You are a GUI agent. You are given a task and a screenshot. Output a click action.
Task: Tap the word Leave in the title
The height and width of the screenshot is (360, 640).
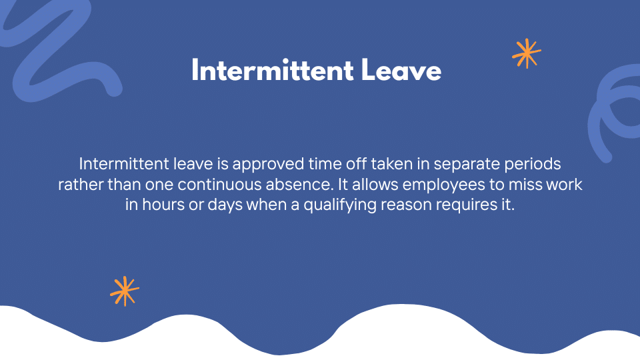[x=401, y=70]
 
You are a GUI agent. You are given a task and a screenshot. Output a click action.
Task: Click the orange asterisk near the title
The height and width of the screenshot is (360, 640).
[x=526, y=53]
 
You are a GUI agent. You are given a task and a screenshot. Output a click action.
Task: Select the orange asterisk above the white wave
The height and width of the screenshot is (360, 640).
[x=125, y=291]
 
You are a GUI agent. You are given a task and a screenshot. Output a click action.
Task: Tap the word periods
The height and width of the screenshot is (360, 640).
[x=534, y=163]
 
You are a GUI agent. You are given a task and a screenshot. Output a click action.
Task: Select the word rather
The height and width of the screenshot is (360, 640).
[x=78, y=184]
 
